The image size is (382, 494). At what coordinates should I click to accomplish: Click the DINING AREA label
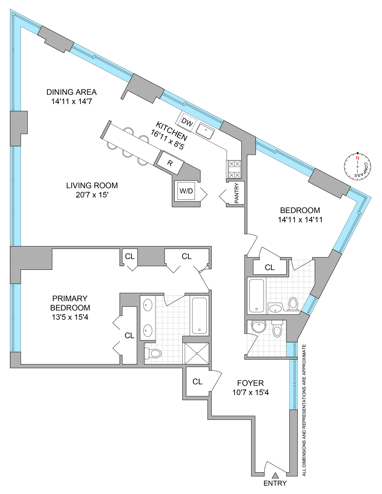tap(72, 92)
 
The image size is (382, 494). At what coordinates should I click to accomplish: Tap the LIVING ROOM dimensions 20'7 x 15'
tap(92, 195)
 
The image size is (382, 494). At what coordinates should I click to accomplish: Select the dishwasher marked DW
tap(187, 123)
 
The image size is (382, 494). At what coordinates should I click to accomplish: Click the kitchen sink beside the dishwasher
tap(205, 131)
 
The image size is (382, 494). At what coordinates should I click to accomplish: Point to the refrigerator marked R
tap(170, 163)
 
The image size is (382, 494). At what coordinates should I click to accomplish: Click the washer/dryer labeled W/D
tap(186, 191)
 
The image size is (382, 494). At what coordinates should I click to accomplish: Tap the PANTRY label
tap(236, 193)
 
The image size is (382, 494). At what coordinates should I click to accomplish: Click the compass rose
tap(358, 166)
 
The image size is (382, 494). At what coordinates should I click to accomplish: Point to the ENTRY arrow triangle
tap(275, 475)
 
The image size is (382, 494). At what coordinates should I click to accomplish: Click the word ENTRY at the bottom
tap(275, 483)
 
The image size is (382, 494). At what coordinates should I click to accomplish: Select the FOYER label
tap(250, 383)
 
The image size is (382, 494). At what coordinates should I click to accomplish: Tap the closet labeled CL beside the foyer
tap(197, 382)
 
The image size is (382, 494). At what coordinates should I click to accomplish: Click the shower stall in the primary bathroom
tap(196, 354)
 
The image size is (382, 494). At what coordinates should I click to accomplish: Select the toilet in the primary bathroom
tap(153, 354)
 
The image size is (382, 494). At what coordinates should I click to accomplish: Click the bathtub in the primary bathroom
tap(199, 316)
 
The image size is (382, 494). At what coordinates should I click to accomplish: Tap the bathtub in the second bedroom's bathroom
tap(256, 295)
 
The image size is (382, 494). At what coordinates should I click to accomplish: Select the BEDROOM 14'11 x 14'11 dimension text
tap(300, 220)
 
